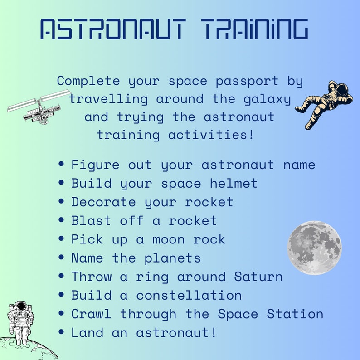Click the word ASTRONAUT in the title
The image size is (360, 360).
pos(112,30)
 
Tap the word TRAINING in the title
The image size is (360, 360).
pos(255,30)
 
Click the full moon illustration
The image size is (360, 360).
pos(314,248)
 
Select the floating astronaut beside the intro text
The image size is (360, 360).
pos(324,103)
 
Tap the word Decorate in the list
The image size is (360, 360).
pos(104,202)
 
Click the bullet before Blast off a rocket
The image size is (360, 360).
pos(62,220)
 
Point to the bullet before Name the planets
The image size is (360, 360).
pos(62,258)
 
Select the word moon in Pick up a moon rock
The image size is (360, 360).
pos(168,239)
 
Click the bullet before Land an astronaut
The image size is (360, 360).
pos(62,332)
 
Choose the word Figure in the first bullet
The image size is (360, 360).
pos(95,165)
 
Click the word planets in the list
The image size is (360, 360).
pos(172,258)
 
